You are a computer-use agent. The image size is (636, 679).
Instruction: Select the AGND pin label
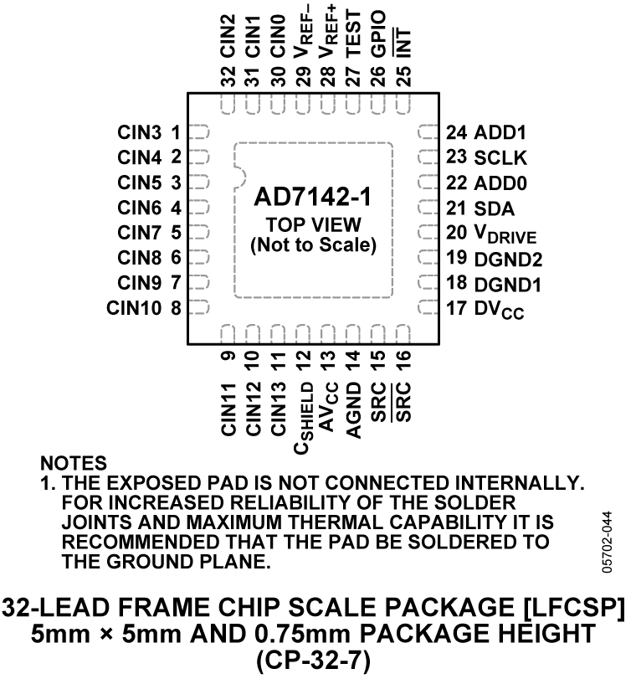click(x=354, y=409)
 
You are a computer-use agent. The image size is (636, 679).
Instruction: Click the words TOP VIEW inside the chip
click(x=313, y=225)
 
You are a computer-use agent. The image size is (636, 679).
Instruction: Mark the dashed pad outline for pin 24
click(x=428, y=132)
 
